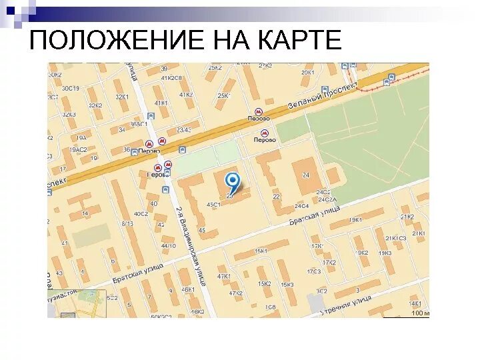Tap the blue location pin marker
point(232,181)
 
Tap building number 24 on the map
point(306,175)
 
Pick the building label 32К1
point(122,97)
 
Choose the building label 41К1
point(161,103)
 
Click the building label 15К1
point(260,251)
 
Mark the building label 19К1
point(355,219)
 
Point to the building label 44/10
point(167,246)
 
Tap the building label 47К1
point(223,276)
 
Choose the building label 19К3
point(385,253)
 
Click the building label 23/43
point(184,130)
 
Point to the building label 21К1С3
point(394,238)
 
